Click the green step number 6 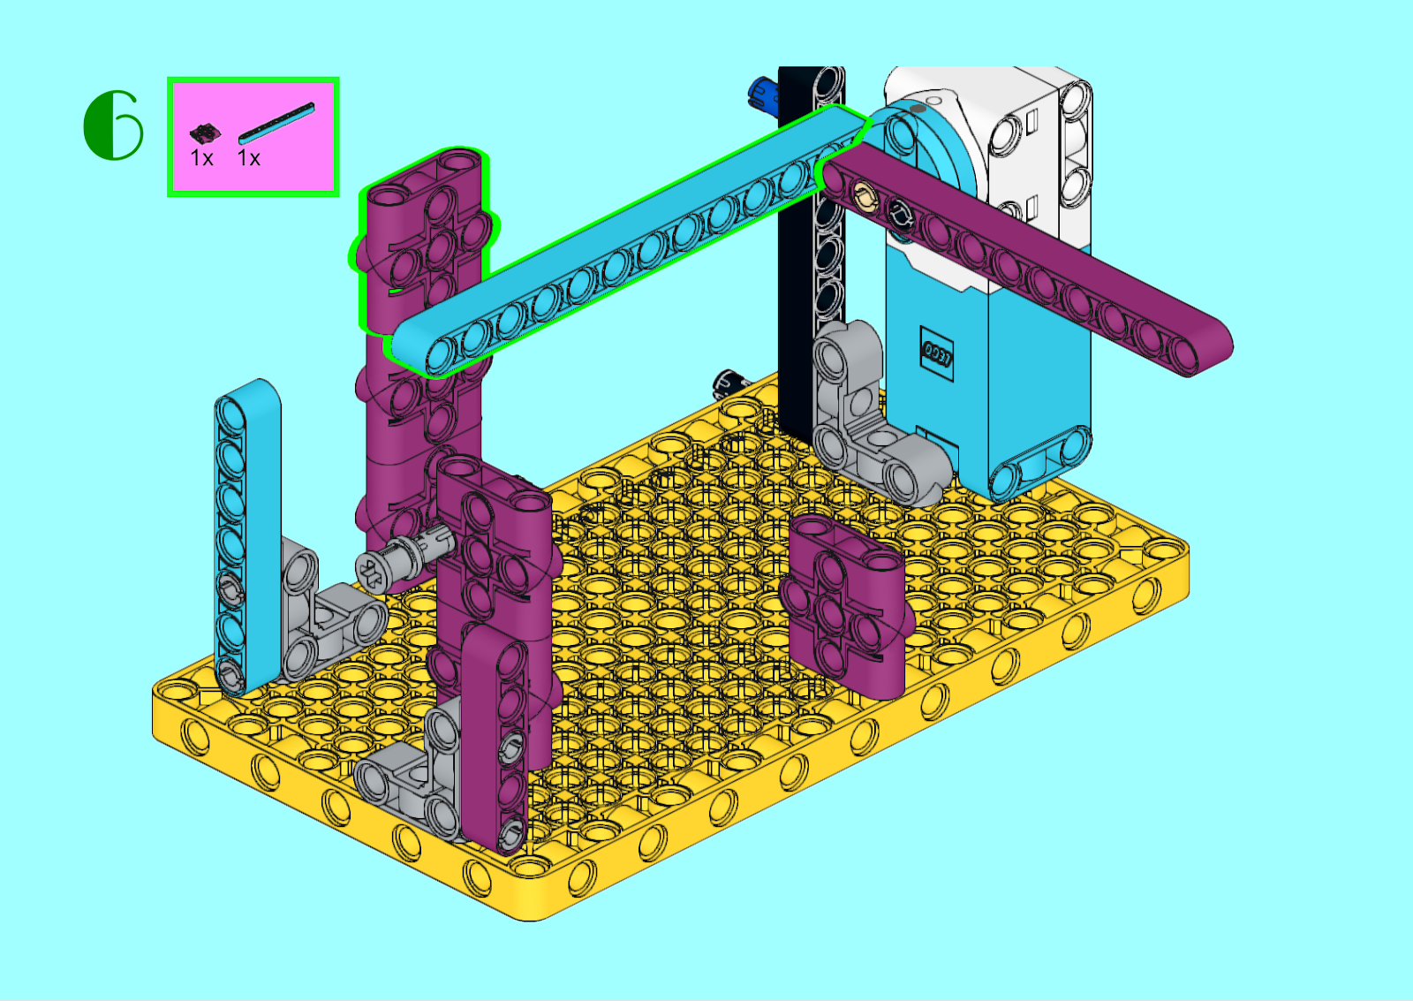coord(114,125)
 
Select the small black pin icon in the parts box coord(205,133)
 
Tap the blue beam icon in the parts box coord(276,123)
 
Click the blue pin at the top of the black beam coord(762,92)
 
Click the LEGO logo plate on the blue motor coord(936,353)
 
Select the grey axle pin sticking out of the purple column coord(404,557)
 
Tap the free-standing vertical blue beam coord(247,536)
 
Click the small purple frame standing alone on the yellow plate coord(845,607)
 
